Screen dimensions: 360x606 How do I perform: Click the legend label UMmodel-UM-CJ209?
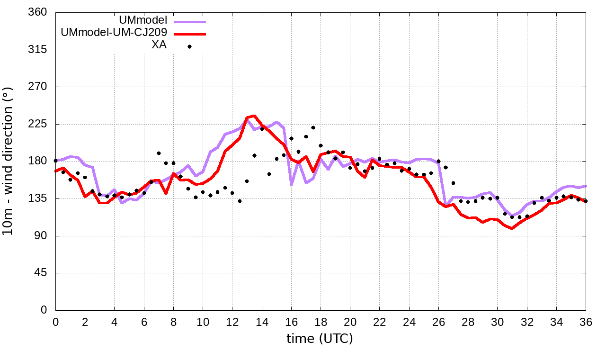tap(114, 34)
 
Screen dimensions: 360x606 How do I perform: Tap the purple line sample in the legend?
tap(189, 22)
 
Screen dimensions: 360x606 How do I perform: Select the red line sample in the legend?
tap(189, 34)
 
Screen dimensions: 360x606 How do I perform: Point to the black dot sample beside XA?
tap(189, 46)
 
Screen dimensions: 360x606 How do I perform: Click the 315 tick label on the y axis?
tap(38, 50)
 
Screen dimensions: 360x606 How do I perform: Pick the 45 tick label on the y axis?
tap(41, 273)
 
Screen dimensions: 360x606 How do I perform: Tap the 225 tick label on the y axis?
tap(38, 124)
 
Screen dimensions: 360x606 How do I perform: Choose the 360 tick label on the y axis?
tap(38, 12)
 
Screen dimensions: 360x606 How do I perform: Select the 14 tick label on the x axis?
tap(262, 322)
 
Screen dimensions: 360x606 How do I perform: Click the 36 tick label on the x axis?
tap(586, 322)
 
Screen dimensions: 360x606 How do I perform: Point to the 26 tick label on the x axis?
tap(439, 322)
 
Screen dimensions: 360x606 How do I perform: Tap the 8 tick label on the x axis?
tap(173, 322)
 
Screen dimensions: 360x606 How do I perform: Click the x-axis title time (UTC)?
tap(320, 339)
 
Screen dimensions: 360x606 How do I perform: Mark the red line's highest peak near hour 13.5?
tap(254, 116)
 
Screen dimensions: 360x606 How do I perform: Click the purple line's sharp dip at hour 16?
tap(292, 184)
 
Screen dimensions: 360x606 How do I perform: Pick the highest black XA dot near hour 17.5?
tap(313, 127)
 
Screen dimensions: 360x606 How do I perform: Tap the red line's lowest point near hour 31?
tap(512, 228)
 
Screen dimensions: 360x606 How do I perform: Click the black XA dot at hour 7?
tap(159, 153)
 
